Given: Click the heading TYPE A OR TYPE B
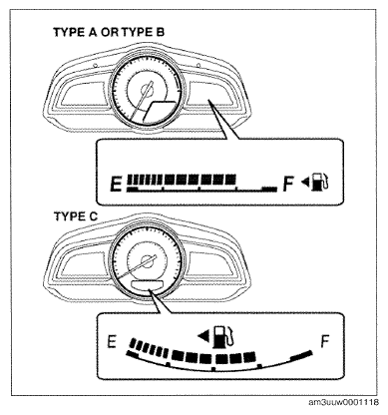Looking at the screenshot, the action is point(109,32).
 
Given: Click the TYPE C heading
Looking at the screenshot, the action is point(76,216).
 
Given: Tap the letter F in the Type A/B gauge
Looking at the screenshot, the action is point(288,184).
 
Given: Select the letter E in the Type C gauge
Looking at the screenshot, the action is point(112,342).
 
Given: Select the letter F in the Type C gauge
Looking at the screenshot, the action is point(324,341).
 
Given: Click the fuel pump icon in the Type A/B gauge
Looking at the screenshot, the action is point(320,181).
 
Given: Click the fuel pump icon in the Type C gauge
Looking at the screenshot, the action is point(224,336).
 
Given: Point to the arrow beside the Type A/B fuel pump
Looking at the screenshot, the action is point(305,182).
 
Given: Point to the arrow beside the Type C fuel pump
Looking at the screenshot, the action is point(203,336).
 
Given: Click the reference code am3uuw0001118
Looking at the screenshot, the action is point(343,402).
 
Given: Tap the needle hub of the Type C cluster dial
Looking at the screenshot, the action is point(147,260).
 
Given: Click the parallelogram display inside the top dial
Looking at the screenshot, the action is point(161,111).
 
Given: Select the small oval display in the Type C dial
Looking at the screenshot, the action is point(148,284).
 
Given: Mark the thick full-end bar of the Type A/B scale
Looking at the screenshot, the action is point(269,190).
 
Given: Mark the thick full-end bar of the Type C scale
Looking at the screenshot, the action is point(301,355).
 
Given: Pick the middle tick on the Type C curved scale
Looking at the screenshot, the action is point(213,369).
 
